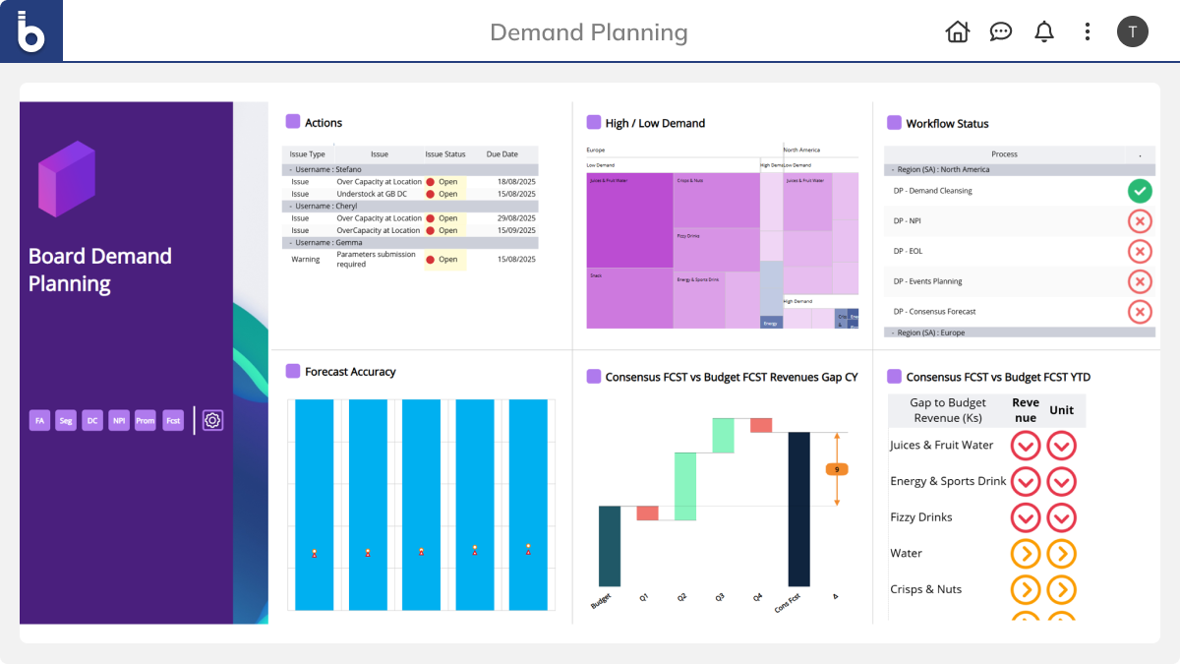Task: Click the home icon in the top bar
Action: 957,31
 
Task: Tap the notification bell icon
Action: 1044,31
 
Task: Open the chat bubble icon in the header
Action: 1000,31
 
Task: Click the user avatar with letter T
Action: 1132,31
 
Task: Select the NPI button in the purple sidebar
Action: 119,420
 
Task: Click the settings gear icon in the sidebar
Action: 212,420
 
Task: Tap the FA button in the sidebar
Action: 39,420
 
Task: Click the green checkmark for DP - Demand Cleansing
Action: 1139,191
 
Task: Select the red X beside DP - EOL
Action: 1139,251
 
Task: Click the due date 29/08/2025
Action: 514,218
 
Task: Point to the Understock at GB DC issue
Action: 379,194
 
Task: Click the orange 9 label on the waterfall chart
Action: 837,469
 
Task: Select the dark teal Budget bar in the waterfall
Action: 610,546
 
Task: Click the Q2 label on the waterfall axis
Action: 682,597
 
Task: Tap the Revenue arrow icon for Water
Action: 1026,554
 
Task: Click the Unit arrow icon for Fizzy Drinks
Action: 1061,517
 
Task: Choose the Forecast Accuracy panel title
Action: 350,372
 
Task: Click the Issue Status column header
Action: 445,154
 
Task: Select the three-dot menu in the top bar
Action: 1087,31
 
